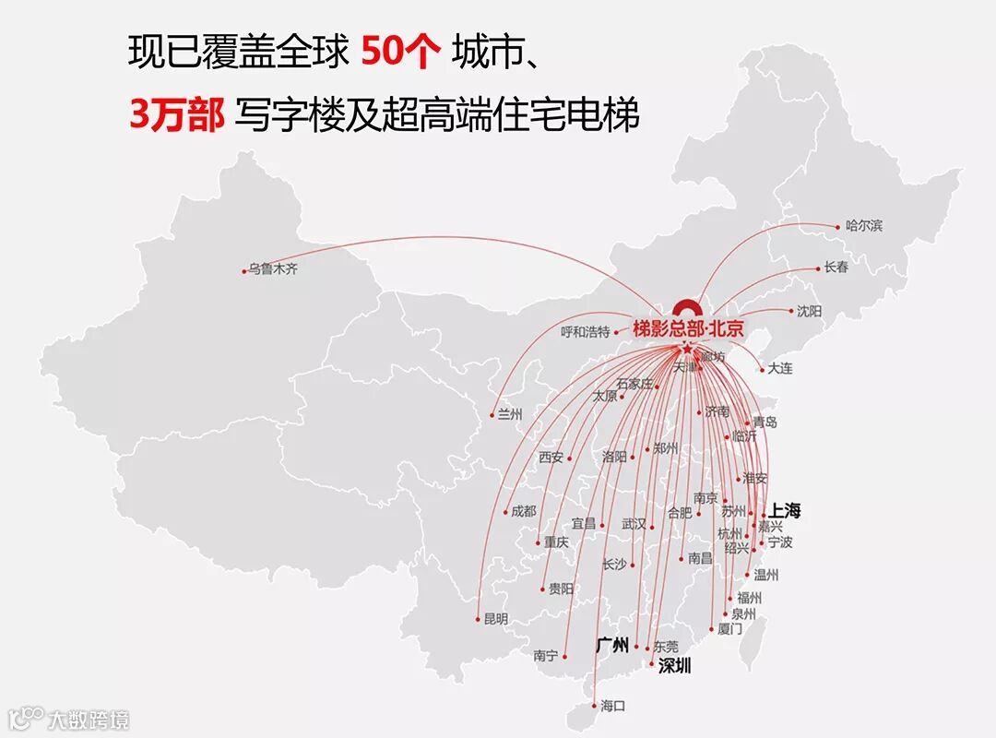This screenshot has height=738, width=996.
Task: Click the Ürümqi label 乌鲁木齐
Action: click(273, 269)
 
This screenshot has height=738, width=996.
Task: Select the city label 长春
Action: click(836, 268)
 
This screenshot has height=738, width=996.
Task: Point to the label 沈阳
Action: click(809, 311)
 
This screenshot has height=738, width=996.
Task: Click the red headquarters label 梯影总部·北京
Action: click(688, 328)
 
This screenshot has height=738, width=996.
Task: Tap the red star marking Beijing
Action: click(687, 349)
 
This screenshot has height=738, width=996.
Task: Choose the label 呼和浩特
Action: click(586, 332)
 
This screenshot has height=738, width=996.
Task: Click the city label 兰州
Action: click(510, 414)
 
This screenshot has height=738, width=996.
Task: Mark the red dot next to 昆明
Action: click(478, 619)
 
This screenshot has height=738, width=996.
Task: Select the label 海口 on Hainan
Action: click(612, 706)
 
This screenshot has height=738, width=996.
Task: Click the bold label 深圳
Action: click(674, 665)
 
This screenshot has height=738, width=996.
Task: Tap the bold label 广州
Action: click(612, 644)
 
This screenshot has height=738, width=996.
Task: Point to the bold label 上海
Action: click(785, 509)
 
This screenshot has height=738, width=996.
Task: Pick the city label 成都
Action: click(523, 511)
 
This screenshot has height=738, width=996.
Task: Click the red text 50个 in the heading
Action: click(401, 54)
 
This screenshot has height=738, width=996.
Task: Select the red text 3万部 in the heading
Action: click(176, 117)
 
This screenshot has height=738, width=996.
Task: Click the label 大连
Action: click(779, 368)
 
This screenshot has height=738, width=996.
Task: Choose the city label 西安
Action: click(551, 457)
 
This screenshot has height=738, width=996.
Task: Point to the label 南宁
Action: click(546, 656)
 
